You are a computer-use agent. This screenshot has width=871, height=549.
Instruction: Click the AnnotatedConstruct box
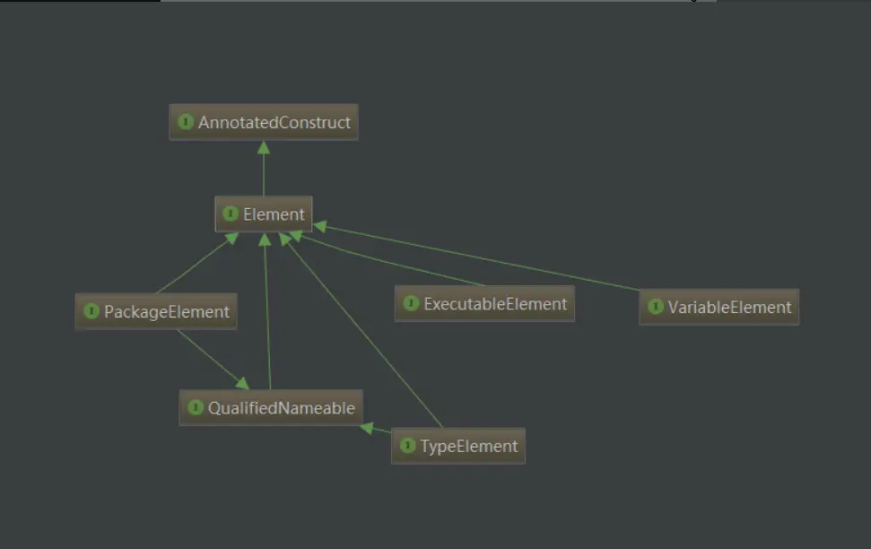coord(264,122)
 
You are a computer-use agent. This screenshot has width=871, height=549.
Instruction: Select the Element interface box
coord(264,215)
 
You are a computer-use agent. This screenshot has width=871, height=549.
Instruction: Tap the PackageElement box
coord(156,312)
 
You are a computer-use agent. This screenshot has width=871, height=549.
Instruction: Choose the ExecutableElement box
coord(484,304)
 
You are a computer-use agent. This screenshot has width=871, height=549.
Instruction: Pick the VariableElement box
coord(719,308)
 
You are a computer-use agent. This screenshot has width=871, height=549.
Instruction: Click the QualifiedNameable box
coord(271,408)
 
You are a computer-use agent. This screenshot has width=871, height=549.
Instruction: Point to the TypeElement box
coord(457,446)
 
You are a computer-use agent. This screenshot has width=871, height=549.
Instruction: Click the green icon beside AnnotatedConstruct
coord(186,122)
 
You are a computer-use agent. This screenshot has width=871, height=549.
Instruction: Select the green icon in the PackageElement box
coord(91,312)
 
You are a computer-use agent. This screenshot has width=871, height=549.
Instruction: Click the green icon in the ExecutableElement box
coord(410,304)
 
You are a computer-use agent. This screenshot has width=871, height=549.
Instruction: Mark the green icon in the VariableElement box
coord(654,308)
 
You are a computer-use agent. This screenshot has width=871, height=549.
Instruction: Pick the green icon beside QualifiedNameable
coord(195,408)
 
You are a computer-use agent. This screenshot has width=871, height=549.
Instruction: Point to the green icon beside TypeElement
coord(407,446)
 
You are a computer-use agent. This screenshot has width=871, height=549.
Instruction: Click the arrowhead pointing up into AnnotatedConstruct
coord(264,147)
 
